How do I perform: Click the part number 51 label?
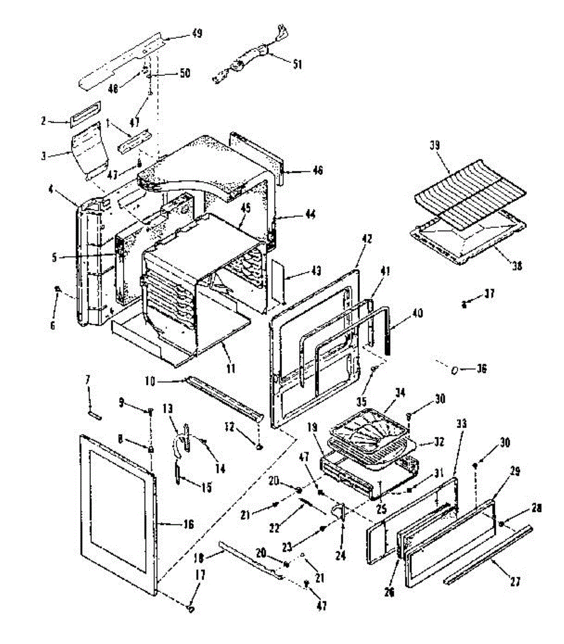297,64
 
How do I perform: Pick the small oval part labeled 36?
454,369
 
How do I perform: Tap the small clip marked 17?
191,609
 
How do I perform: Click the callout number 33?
461,423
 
